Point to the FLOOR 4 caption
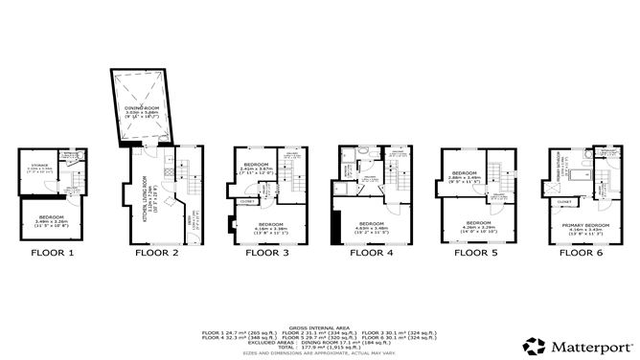click(371, 255)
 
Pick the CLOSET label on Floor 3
click(247, 202)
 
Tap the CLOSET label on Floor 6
click(565, 203)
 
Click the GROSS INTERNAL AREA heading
click(319, 327)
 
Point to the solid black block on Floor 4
click(336, 226)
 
